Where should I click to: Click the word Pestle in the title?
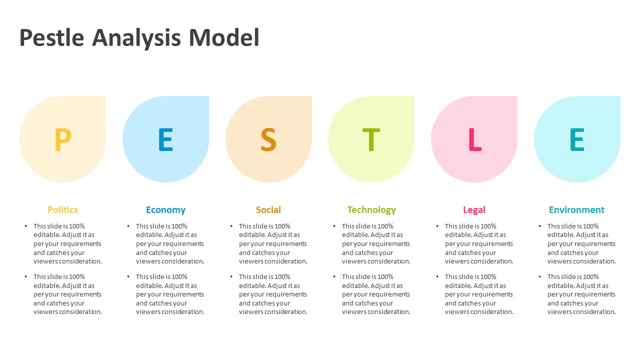pos(51,38)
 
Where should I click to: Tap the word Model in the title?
pos(224,38)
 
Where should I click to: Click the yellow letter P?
pos(63,139)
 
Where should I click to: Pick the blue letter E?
pos(165,139)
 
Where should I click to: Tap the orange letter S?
pos(268,139)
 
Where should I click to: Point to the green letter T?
pos(371,139)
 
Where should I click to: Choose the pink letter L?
pos(474,139)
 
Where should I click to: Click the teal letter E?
pos(577,139)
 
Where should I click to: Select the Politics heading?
pos(63,210)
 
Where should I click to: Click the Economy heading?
pos(165,210)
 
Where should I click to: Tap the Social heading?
pos(268,210)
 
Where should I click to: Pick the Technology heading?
pos(371,210)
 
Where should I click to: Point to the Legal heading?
pos(474,210)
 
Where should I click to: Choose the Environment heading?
pos(576,210)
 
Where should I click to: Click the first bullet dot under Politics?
pos(26,226)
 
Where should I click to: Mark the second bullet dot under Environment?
pos(540,276)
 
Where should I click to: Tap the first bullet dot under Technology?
pos(334,226)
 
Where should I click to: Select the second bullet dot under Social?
pos(231,276)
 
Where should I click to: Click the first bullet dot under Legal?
pos(437,226)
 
